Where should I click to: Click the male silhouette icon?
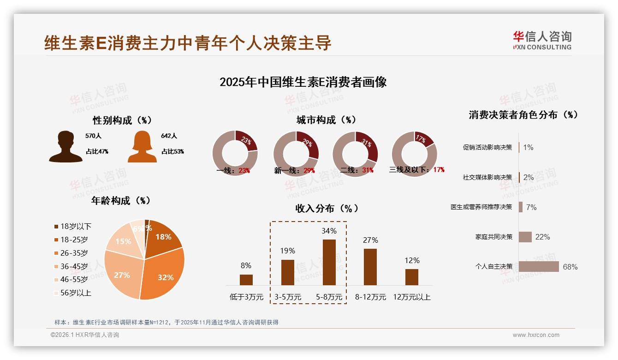pos(66,147)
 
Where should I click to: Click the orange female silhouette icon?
pos(142,147)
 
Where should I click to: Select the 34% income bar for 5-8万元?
pos(329,262)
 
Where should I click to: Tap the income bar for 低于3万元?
pos(246,280)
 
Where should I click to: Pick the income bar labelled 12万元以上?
pos(412,277)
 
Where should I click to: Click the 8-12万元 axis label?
pos(370,297)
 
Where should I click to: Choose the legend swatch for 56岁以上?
pos(56,293)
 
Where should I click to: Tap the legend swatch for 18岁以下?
pos(56,226)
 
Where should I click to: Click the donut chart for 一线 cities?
pos(235,153)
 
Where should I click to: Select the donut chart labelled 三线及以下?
pos(414,153)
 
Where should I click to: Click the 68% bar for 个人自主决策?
pos(539,267)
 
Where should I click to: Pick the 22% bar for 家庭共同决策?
pos(525,237)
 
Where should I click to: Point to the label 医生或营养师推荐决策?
pos(481,207)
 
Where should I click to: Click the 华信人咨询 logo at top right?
pos(542,40)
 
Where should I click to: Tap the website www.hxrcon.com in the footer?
pos(536,335)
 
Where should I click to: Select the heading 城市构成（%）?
pos(326,120)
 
